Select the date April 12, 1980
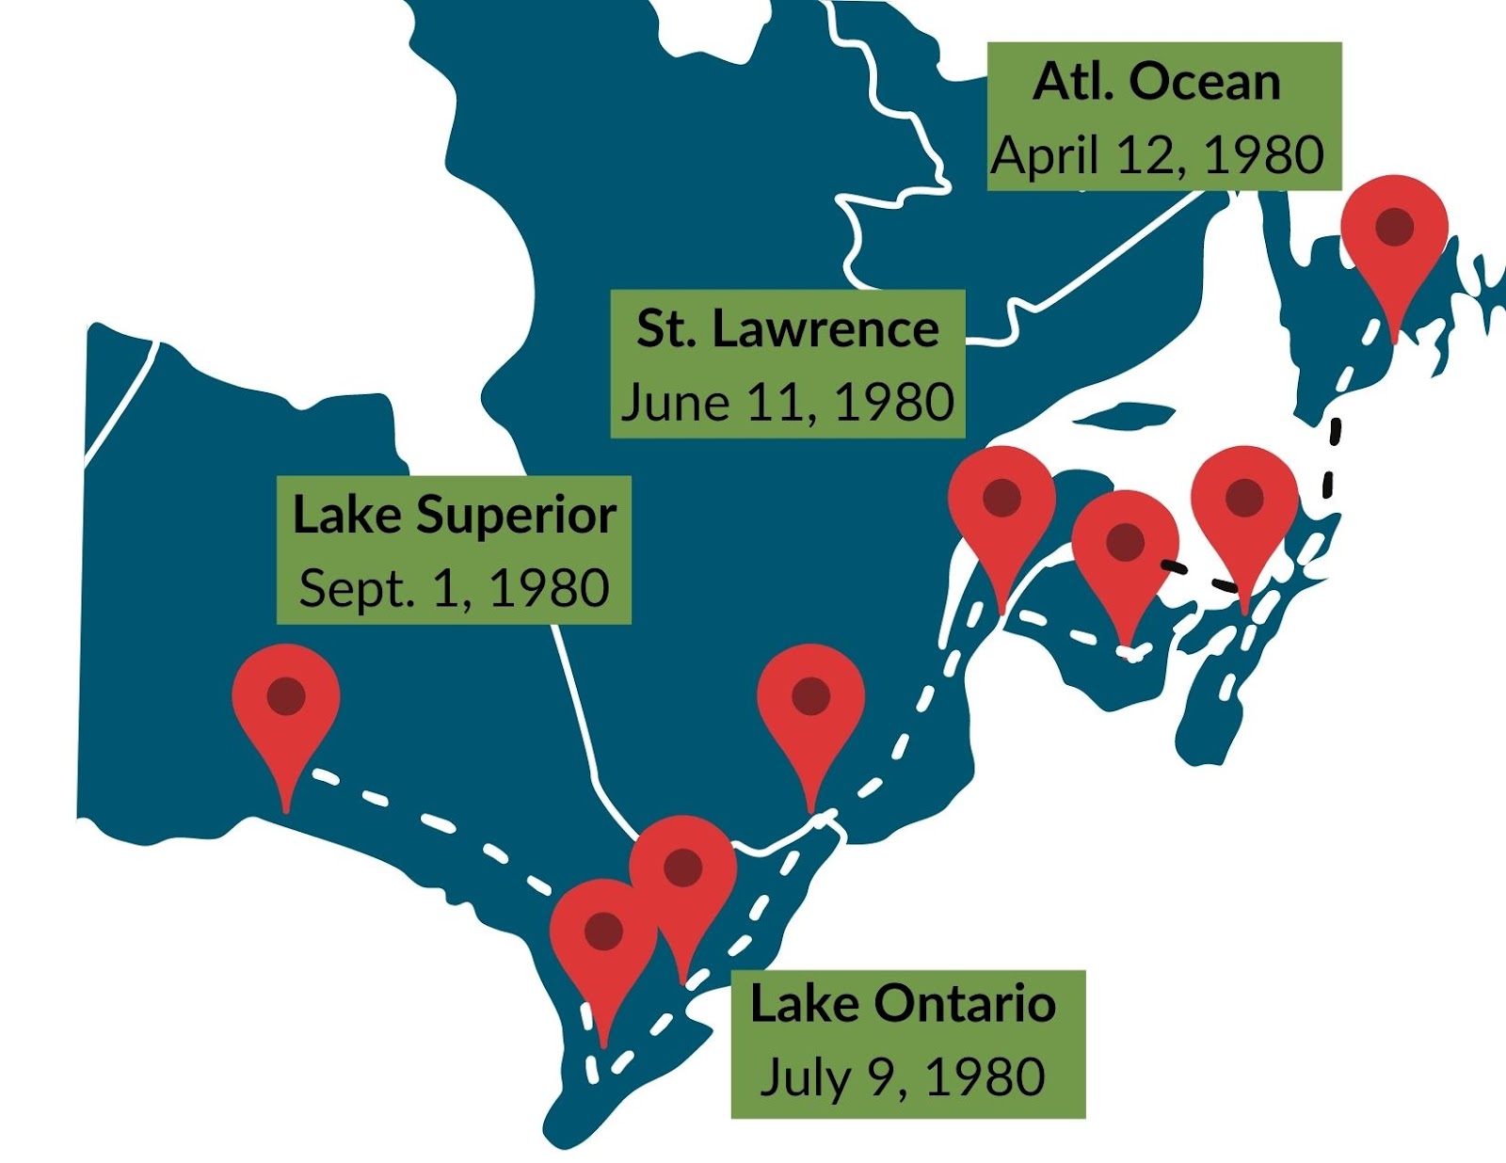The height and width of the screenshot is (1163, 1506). point(1158,155)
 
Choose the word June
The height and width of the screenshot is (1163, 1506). point(675,403)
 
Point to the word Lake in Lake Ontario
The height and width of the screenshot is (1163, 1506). point(805,1004)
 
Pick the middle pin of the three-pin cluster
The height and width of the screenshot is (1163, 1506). point(1125,550)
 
